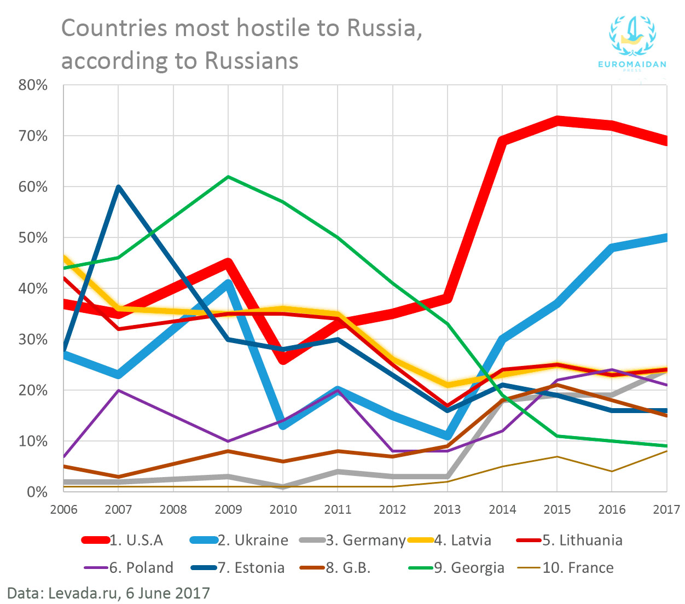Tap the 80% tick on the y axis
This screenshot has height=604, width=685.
pyautogui.click(x=33, y=85)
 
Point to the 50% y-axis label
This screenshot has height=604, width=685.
pyautogui.click(x=33, y=238)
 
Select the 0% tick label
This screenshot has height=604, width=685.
pyautogui.click(x=37, y=492)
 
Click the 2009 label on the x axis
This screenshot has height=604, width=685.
pyautogui.click(x=228, y=510)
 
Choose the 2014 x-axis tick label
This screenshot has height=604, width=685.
pyautogui.click(x=502, y=510)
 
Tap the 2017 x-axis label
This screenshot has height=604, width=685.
pyautogui.click(x=666, y=510)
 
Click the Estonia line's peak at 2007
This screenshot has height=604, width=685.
pyautogui.click(x=119, y=187)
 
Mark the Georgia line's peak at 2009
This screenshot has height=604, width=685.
pyautogui.click(x=228, y=177)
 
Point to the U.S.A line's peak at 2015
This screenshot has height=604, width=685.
pyautogui.click(x=557, y=121)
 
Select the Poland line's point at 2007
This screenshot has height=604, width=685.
pyautogui.click(x=119, y=390)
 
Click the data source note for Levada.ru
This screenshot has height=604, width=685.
pyautogui.click(x=108, y=593)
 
